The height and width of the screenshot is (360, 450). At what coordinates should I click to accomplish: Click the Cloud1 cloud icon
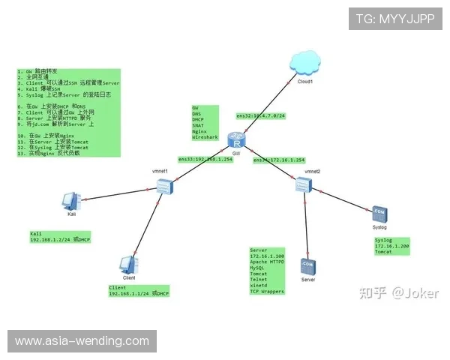coord(304,62)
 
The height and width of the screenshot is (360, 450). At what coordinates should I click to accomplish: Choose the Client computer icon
coord(128,264)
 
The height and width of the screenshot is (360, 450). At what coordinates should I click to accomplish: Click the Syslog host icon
coord(379,213)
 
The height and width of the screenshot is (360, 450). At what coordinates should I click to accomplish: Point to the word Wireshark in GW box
coord(204,138)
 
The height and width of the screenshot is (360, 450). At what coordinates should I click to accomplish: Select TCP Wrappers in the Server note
coord(267,291)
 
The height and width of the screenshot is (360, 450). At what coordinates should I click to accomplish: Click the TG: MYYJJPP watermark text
coord(394,19)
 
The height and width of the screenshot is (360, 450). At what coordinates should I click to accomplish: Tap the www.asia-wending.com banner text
coord(82,341)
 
